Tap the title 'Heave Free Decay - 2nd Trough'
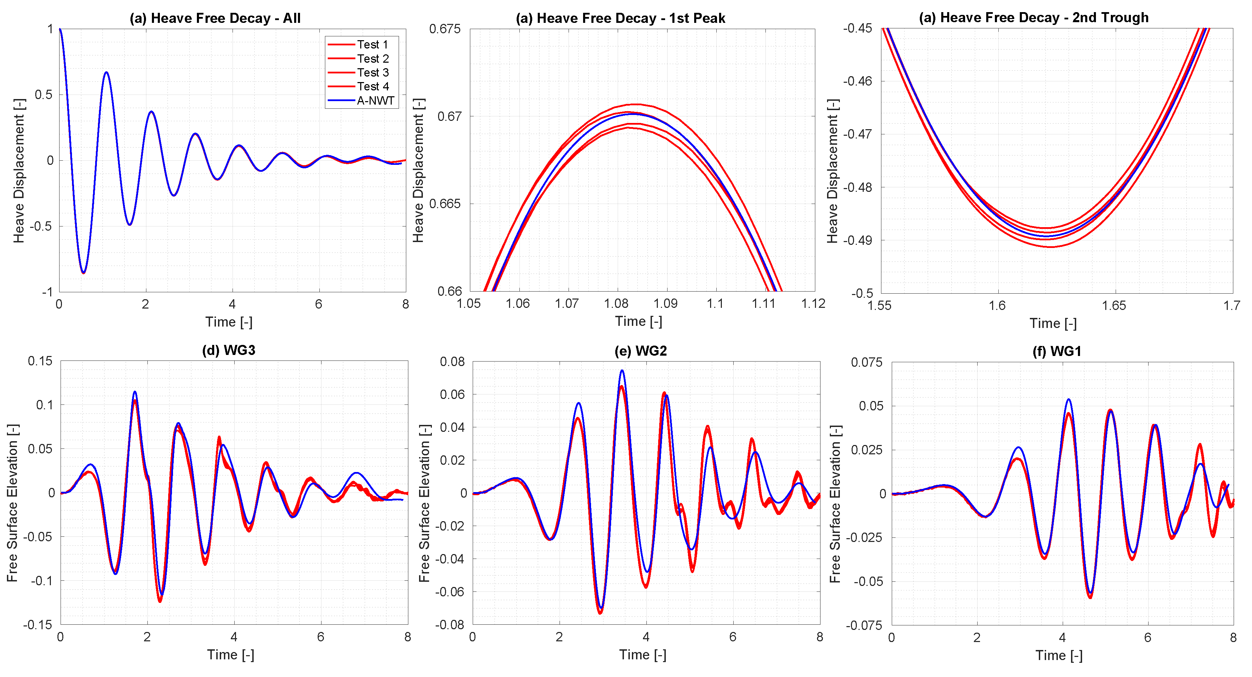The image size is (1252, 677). [1034, 18]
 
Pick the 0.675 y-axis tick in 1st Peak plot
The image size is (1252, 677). [445, 29]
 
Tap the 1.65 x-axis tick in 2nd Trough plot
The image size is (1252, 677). [1114, 306]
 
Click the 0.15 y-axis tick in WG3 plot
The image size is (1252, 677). [40, 361]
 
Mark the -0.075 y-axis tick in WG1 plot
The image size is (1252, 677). [864, 625]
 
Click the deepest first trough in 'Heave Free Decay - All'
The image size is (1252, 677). [83, 273]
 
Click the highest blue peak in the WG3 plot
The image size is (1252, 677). [135, 392]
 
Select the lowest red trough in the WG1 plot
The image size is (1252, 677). [1090, 597]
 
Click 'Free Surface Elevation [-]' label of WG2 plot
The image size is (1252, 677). [424, 504]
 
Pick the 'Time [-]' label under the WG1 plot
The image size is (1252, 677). [1059, 656]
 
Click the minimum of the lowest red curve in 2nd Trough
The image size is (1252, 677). [1050, 247]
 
